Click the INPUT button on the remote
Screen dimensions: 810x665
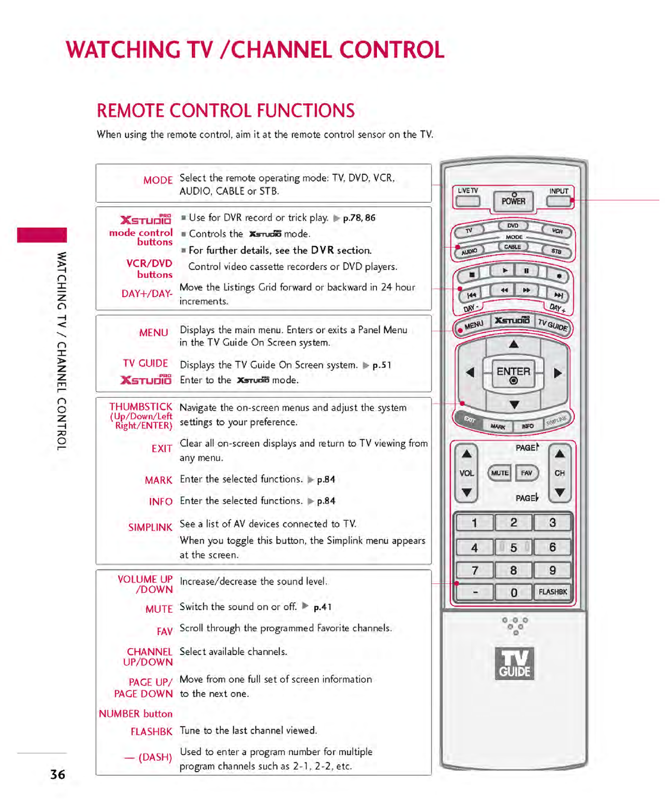point(558,201)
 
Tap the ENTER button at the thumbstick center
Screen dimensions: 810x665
point(513,374)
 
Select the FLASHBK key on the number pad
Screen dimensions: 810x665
point(552,592)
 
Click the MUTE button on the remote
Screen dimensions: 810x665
point(499,473)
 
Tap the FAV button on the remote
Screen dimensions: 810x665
point(527,473)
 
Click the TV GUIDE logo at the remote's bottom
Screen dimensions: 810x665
point(514,663)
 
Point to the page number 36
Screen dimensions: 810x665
point(58,774)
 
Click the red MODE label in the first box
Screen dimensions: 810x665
point(158,180)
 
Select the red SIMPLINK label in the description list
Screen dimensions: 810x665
point(150,527)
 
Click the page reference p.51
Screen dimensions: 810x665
point(382,365)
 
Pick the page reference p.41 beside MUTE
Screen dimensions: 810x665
point(322,607)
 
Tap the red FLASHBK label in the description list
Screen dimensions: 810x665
point(151,731)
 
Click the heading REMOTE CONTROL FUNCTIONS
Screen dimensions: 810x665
point(226,111)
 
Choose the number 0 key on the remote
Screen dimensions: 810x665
point(513,592)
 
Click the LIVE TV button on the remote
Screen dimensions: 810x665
point(467,201)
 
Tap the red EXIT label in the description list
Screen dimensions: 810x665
point(161,448)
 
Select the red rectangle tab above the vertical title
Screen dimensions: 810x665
point(42,235)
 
